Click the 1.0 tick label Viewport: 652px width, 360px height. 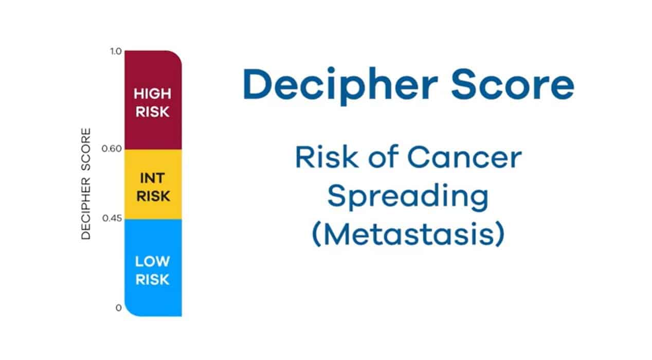pos(116,51)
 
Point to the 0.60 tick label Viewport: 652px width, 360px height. pos(112,149)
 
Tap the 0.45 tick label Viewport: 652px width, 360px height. pos(112,218)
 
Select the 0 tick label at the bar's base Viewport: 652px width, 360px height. pos(118,308)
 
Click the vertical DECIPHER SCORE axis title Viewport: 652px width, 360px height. pos(86,184)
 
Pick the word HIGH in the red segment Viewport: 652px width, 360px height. pos(153,94)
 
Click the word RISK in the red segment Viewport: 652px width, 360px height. pos(153,112)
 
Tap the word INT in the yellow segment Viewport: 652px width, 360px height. pos(153,178)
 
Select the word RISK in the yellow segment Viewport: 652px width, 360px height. pos(153,196)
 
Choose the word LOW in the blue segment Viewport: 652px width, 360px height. pos(152,261)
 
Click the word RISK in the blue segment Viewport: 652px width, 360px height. pos(152,279)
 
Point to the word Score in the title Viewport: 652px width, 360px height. pos(513,84)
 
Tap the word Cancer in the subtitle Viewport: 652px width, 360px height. pos(464,157)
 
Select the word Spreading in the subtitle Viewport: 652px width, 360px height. pos(408,197)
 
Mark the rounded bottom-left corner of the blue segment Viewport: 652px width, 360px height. pos(129,312)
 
